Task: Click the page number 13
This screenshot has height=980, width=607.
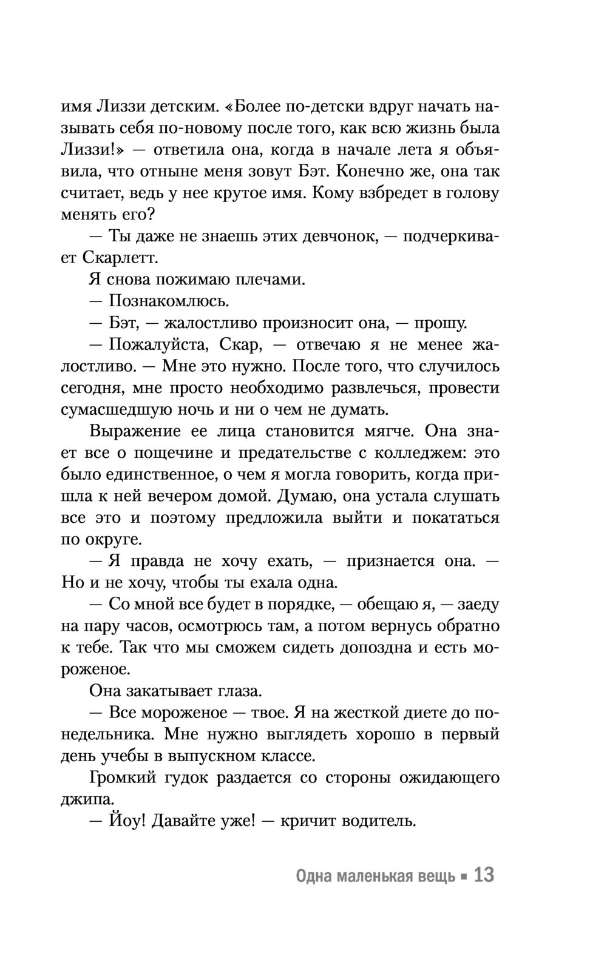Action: (x=484, y=876)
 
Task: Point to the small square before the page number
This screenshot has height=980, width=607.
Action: (x=464, y=877)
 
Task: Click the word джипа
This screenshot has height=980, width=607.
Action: (x=83, y=799)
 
